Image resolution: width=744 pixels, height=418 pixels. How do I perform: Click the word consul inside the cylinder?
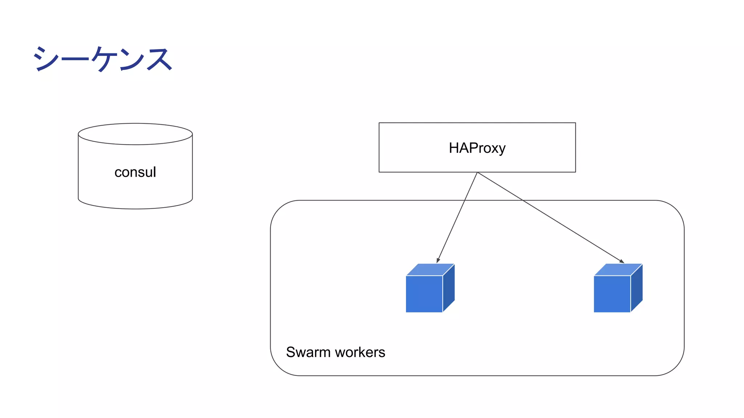[x=135, y=172]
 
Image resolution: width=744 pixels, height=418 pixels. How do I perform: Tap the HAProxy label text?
[x=477, y=148]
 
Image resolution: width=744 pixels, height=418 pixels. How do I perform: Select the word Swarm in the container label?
[x=308, y=352]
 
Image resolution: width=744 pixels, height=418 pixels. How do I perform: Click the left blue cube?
[x=424, y=294]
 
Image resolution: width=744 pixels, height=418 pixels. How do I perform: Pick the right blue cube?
[x=612, y=294]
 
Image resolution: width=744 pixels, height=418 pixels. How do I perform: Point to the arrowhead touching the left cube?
[x=438, y=260]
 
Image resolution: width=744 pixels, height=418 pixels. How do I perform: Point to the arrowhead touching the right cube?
[x=622, y=261]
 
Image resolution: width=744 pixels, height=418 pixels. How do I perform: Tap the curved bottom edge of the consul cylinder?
[x=135, y=208]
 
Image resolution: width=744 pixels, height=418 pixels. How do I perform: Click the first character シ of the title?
[x=46, y=59]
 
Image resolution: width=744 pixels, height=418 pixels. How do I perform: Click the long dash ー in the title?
[x=74, y=58]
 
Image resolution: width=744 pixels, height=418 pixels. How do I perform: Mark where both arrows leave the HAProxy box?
[x=477, y=172]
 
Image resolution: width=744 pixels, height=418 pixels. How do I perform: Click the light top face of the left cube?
[x=430, y=270]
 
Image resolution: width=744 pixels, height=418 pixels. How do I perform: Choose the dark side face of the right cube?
[x=636, y=288]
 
